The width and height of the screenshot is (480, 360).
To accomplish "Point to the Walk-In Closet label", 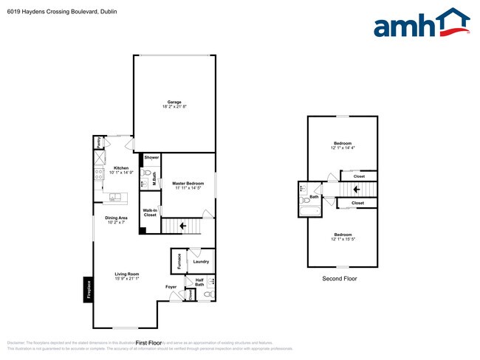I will pyautogui.click(x=150, y=212).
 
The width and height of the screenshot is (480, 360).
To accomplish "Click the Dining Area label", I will pyautogui.click(x=116, y=219).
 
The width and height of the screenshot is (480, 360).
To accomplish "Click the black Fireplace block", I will pyautogui.click(x=88, y=290).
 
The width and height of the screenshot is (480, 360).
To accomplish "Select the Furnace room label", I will pyautogui.click(x=178, y=261).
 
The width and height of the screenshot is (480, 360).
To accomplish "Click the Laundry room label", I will pyautogui.click(x=201, y=262).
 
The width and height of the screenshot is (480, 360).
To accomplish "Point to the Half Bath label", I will pyautogui.click(x=199, y=283).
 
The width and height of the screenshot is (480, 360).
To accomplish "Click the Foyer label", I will pyautogui.click(x=171, y=286).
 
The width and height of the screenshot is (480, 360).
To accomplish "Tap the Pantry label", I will pyautogui.click(x=99, y=142).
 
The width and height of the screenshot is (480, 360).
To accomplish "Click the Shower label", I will pyautogui.click(x=151, y=157).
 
